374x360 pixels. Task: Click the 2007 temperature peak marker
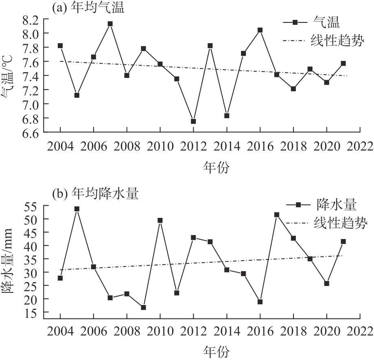pyautogui.click(x=110, y=24)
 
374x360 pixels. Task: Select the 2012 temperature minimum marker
pyautogui.click(x=193, y=121)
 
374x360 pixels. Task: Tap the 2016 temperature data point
pyautogui.click(x=260, y=30)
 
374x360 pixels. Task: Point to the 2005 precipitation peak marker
pyautogui.click(x=77, y=209)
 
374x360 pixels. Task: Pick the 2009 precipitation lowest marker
pyautogui.click(x=143, y=307)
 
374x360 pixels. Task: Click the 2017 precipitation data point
pyautogui.click(x=277, y=215)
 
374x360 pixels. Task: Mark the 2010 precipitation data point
pyautogui.click(x=160, y=220)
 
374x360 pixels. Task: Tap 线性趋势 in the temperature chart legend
pyautogui.click(x=337, y=41)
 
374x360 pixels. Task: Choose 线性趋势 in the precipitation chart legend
pyautogui.click(x=341, y=223)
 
